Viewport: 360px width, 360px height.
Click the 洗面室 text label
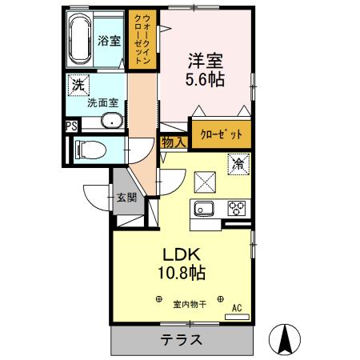pos(102,103)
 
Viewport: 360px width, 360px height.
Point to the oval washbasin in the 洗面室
pos(112,122)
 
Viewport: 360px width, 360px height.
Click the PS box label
pos(71,126)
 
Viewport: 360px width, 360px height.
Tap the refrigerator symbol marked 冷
pos(238,165)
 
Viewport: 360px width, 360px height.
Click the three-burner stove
pos(237,209)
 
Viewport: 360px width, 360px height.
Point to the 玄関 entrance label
pos(126,198)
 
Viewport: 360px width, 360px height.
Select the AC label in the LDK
pos(237,306)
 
